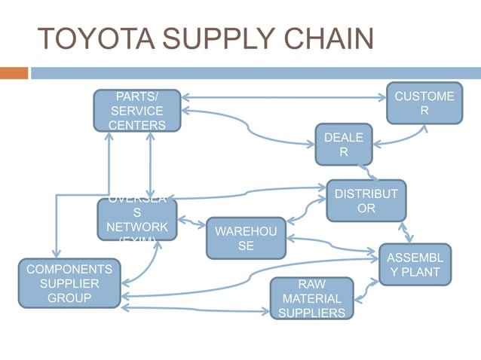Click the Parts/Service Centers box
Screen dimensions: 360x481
pyautogui.click(x=136, y=111)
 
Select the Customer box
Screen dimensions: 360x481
pyautogui.click(x=424, y=103)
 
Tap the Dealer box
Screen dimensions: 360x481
pyautogui.click(x=343, y=144)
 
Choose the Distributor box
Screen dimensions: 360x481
pyautogui.click(x=366, y=200)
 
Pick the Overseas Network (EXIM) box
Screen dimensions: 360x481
pyautogui.click(x=136, y=219)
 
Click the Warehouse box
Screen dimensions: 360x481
pyautogui.click(x=246, y=237)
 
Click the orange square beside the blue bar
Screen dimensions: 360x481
pyautogui.click(x=14, y=73)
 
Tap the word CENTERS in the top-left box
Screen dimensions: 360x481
pyautogui.click(x=136, y=125)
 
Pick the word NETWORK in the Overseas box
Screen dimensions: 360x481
pyautogui.click(x=136, y=227)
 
